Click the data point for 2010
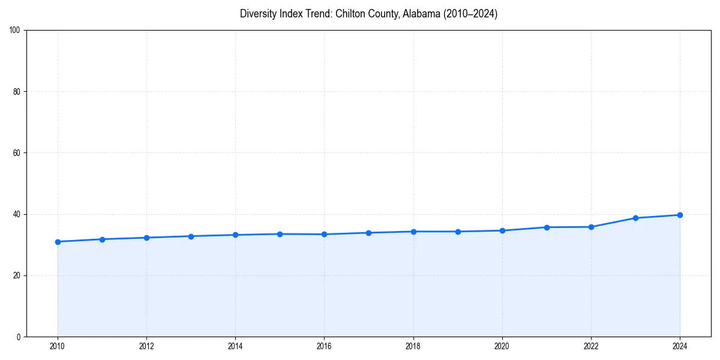(x=58, y=242)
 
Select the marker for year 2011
(x=102, y=239)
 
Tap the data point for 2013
(x=191, y=236)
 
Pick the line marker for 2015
(x=280, y=234)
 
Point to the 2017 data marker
(x=368, y=233)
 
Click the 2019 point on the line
(x=458, y=232)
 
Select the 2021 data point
(x=547, y=227)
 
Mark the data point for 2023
(x=635, y=218)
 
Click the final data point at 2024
(x=680, y=215)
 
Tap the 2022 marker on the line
(x=591, y=227)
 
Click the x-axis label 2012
(x=146, y=346)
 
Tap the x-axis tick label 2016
(x=324, y=346)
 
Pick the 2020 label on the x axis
(x=502, y=346)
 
